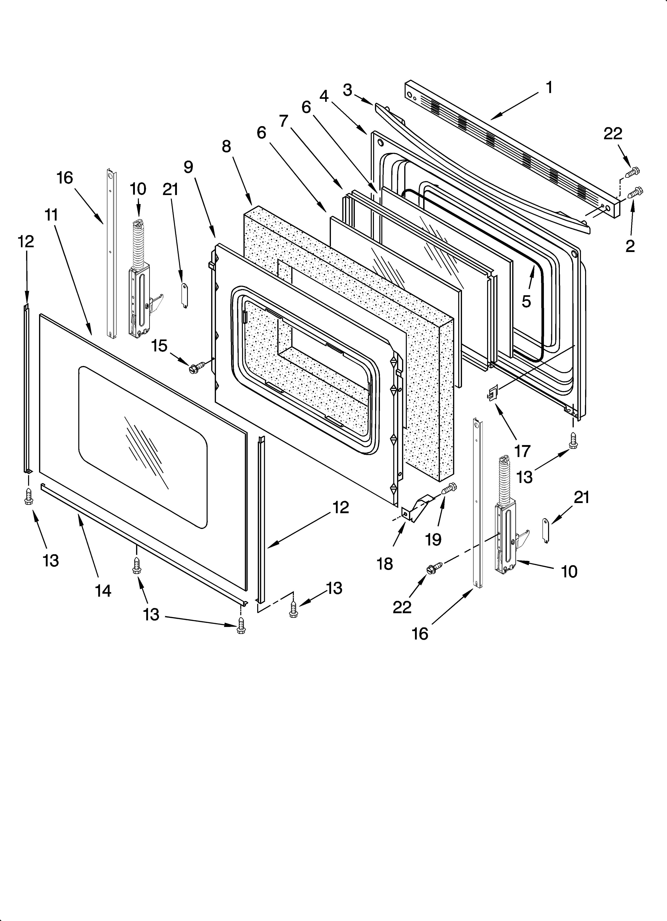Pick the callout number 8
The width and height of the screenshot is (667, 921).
coord(226,147)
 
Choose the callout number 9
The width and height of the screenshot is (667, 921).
coord(188,167)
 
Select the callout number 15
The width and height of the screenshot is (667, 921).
coord(159,346)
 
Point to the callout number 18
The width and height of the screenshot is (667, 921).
coord(385,564)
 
